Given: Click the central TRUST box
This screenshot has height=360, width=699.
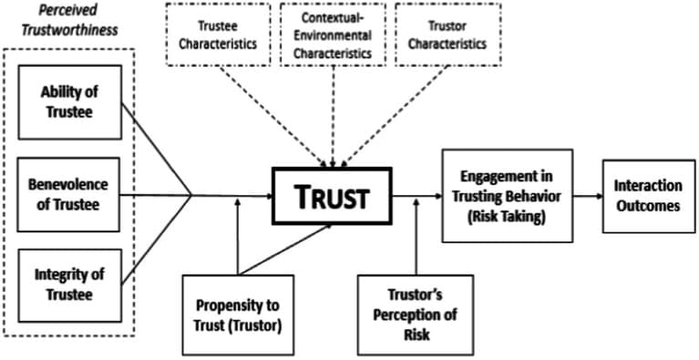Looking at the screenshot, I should coord(332,195).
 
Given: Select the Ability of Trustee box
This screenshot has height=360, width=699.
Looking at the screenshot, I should coord(68,101).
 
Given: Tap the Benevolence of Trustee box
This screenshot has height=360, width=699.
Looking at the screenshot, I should coord(68,193).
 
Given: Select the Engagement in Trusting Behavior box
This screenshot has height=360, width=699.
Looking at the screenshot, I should coord(507,194).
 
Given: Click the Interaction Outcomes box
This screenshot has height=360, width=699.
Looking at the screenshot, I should coord(647,194).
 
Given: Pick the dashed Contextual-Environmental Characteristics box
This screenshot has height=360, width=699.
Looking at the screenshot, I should coord(332,36).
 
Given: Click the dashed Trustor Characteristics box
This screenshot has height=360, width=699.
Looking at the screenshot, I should coord(447,36).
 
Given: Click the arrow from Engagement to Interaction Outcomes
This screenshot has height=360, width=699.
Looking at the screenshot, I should coord(587,194).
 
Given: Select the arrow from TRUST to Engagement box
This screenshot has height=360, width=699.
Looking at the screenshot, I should coord(416,194).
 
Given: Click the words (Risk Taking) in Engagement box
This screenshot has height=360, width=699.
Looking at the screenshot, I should coord(507,217).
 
